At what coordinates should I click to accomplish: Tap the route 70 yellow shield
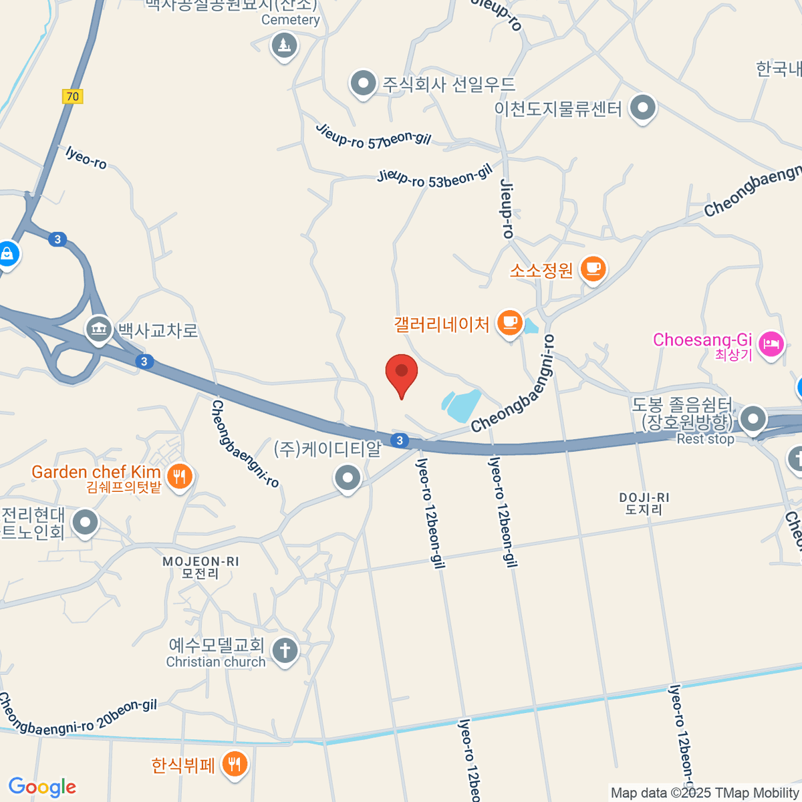[72, 96]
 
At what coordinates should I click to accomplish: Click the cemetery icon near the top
[285, 46]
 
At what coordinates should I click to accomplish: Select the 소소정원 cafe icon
[593, 269]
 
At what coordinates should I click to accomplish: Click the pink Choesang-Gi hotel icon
[771, 345]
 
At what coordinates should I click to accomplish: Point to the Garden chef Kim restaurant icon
[179, 477]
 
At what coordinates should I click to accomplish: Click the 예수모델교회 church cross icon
[285, 650]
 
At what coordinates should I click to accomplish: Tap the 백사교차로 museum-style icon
[99, 329]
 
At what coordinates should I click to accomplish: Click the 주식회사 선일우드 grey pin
[364, 84]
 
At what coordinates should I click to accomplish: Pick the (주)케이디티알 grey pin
[348, 477]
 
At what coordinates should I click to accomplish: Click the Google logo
[42, 787]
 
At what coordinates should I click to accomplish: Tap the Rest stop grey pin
[754, 419]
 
